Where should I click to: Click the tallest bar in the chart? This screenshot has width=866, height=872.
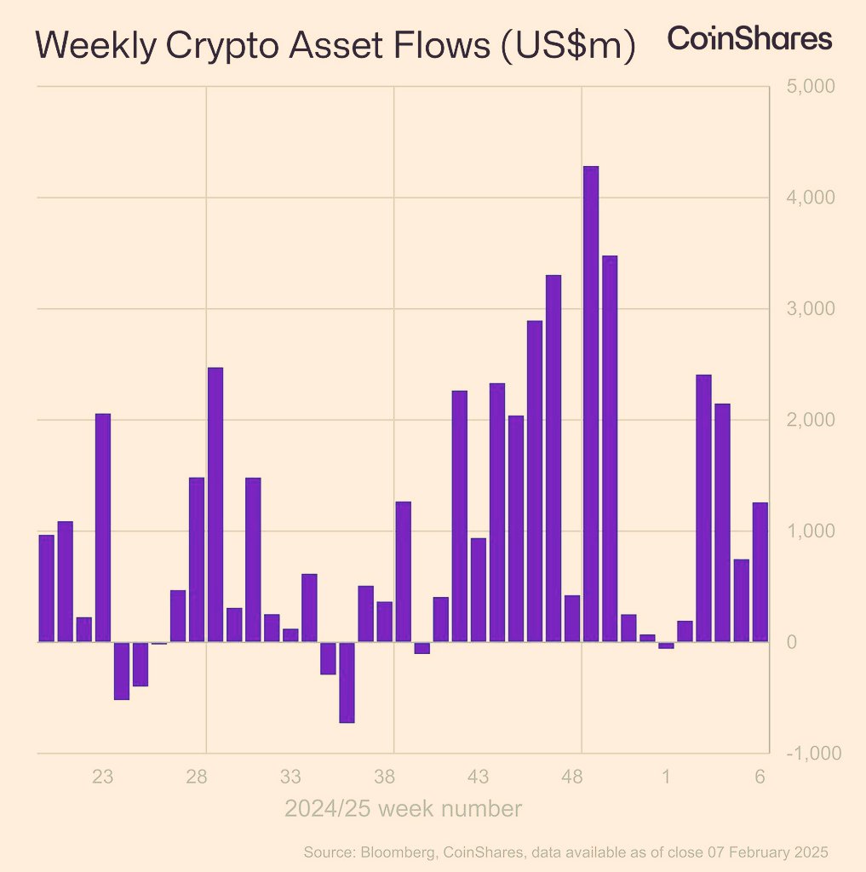click(x=590, y=404)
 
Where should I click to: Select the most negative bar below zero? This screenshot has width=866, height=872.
click(x=347, y=682)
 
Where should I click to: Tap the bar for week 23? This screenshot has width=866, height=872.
click(x=103, y=527)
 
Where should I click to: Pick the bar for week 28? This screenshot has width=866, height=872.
click(x=197, y=559)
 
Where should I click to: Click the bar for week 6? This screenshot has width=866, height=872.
click(x=760, y=571)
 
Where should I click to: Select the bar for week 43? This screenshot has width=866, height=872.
click(x=479, y=589)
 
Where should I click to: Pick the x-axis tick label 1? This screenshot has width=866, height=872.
click(x=666, y=777)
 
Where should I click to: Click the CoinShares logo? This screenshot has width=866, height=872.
click(x=748, y=39)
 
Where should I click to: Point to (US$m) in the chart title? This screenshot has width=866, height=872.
click(x=565, y=47)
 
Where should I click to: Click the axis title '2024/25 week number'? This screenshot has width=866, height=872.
click(x=403, y=808)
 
